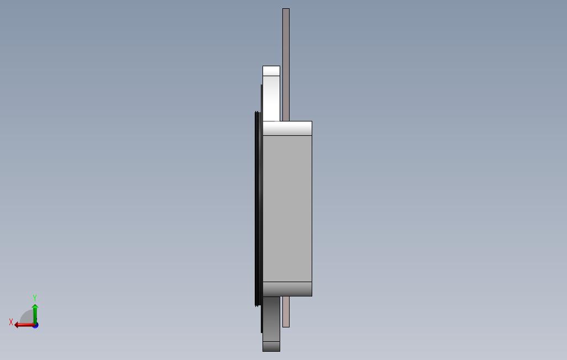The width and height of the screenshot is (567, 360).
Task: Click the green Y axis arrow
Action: [35, 315]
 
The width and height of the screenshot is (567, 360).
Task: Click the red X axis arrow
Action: [24, 325]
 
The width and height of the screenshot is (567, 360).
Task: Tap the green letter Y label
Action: [35, 298]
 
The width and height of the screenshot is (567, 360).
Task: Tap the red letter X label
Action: [11, 322]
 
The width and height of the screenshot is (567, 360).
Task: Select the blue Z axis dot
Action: [35, 325]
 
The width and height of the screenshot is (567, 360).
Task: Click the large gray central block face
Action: [287, 209]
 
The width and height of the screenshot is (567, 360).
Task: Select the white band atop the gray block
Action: [287, 128]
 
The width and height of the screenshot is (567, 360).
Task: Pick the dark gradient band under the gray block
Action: [287, 289]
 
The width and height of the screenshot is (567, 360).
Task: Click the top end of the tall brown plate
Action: [286, 9]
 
